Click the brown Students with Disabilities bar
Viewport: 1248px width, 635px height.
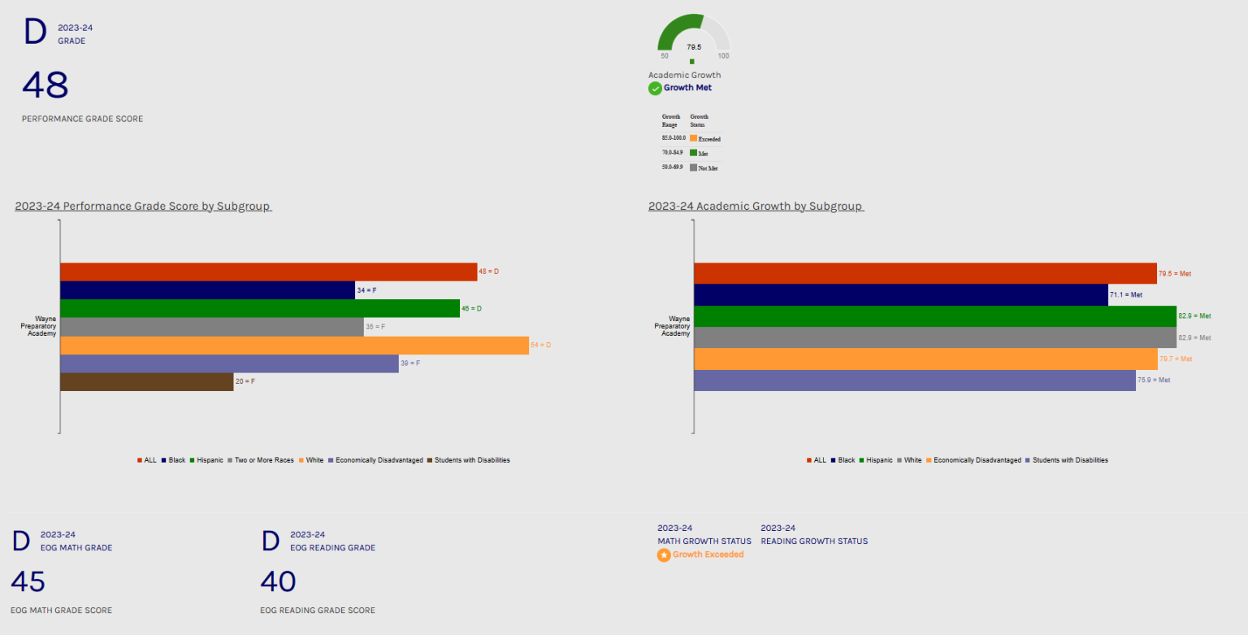point(146,381)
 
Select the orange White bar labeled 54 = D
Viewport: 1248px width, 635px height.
point(294,345)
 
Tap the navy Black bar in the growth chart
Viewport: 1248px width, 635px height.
point(900,294)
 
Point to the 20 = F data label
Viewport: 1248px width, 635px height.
point(245,381)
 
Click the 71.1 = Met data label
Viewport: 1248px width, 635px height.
point(1126,294)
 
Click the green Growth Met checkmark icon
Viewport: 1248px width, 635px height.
point(655,88)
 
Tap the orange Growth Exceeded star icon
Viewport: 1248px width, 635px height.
point(664,555)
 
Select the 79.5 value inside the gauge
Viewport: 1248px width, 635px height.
point(693,46)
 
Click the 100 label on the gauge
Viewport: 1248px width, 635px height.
point(723,56)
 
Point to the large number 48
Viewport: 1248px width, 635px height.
point(45,85)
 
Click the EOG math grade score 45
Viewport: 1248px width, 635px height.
point(28,581)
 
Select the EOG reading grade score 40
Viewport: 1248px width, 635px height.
point(278,581)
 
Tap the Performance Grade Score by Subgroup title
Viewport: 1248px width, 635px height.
point(143,206)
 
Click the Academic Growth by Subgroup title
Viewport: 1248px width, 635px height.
point(756,206)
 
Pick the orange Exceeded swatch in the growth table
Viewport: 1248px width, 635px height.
point(693,138)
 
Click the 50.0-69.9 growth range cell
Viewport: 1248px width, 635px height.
point(674,167)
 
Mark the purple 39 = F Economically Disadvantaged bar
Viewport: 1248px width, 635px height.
point(229,363)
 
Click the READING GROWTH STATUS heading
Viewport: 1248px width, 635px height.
point(814,541)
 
